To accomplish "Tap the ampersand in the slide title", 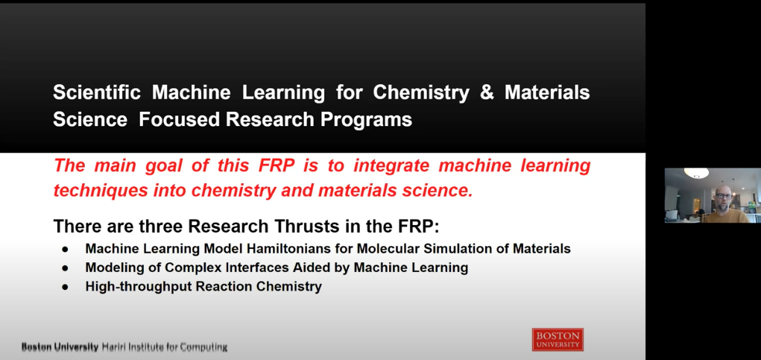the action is (x=487, y=92).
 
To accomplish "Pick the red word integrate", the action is (x=391, y=166).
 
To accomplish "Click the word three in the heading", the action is (x=160, y=226).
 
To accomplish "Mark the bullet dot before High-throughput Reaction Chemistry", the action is (x=65, y=287).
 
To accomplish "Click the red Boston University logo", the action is (x=558, y=339).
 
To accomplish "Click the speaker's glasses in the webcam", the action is (x=723, y=195).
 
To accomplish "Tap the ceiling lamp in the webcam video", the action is (x=696, y=173).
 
